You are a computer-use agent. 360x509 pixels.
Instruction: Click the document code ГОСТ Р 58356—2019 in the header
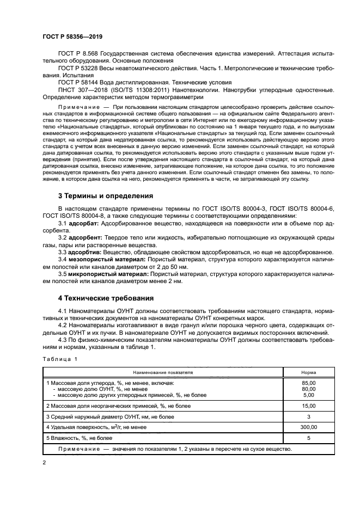pyautogui.click(x=72, y=36)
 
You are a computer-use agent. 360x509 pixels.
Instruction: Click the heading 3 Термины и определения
pyautogui.click(x=106, y=195)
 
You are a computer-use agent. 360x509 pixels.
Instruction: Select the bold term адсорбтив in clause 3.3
pyautogui.click(x=85, y=252)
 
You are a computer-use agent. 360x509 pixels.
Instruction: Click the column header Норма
pyautogui.click(x=308, y=372)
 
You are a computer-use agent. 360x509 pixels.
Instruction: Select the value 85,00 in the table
pyautogui.click(x=308, y=383)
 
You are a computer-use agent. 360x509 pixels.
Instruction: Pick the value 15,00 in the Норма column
pyautogui.click(x=308, y=406)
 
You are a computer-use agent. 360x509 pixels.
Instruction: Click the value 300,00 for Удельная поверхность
pyautogui.click(x=308, y=427)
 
